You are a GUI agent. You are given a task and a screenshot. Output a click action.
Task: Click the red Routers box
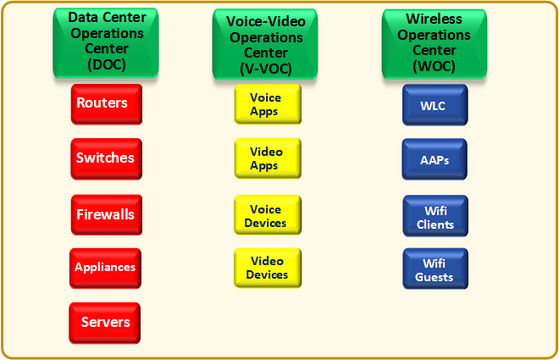[105, 104]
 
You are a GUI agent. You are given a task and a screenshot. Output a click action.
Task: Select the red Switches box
[105, 158]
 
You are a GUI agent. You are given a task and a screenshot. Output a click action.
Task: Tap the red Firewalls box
[105, 214]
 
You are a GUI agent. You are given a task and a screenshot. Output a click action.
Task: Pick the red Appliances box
[105, 268]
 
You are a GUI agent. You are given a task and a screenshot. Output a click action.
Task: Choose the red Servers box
[105, 322]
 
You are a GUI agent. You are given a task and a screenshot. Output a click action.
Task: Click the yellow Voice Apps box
[265, 105]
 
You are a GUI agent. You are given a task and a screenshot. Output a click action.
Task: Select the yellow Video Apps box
[265, 159]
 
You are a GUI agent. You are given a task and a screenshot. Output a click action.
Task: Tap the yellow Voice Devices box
[265, 215]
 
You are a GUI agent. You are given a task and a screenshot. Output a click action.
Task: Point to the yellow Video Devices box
[265, 268]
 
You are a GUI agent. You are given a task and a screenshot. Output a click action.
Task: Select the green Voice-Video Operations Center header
[265, 44]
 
